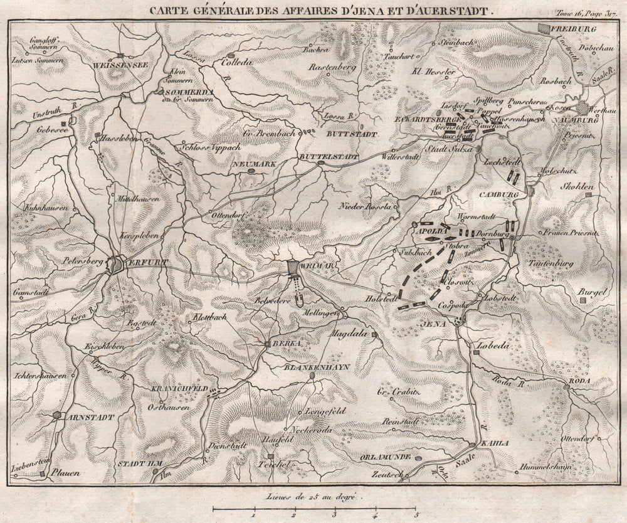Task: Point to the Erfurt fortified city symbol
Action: coord(117,264)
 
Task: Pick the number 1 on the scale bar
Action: coord(253,514)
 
